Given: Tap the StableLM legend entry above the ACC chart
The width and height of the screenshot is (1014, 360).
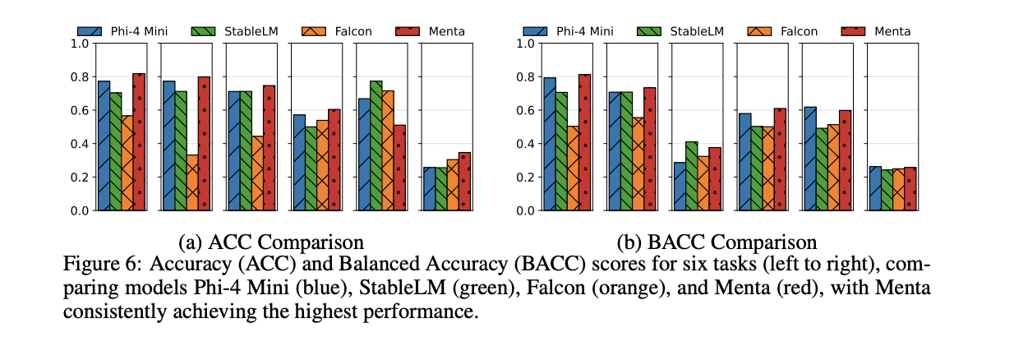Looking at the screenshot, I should click(235, 31).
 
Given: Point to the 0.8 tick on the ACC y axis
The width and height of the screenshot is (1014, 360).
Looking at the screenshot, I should click(81, 77).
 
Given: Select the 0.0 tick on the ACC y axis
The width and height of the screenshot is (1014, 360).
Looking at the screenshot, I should click(81, 210).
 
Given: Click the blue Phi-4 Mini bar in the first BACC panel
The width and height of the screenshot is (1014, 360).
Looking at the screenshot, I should click(549, 145).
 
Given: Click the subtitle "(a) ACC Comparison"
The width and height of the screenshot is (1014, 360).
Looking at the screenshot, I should click(272, 242).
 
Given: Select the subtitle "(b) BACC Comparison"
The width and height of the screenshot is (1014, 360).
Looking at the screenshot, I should click(717, 242).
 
